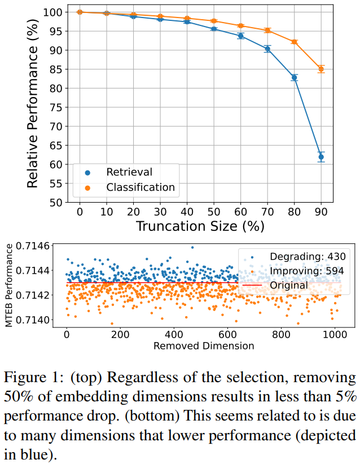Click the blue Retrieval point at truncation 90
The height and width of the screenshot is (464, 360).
(321, 157)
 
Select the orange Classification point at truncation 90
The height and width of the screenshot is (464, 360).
(321, 69)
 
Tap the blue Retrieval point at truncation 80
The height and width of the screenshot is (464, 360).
(294, 77)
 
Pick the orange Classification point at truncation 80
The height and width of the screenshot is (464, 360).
(294, 42)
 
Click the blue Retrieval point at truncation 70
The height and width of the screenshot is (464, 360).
(267, 49)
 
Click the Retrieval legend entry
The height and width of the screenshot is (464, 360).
(129, 172)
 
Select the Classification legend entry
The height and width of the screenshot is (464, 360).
(141, 187)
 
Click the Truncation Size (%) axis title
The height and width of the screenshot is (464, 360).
(200, 226)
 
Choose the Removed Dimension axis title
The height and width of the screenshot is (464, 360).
(203, 345)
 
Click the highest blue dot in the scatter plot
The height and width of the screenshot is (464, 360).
(192, 247)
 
